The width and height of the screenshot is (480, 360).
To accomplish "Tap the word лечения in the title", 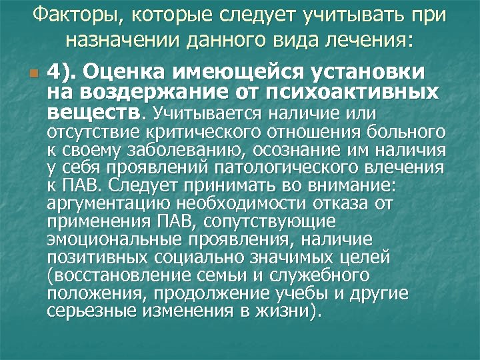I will [361, 41].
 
